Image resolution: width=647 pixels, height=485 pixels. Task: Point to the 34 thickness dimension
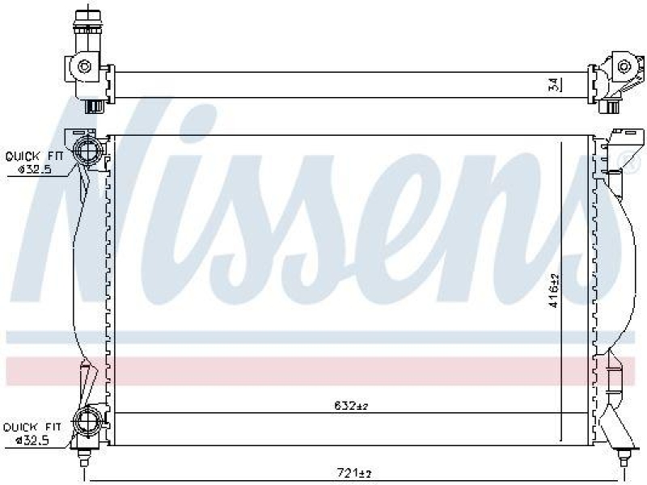[x=552, y=84]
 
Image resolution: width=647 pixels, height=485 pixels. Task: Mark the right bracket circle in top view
[x=623, y=66]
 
